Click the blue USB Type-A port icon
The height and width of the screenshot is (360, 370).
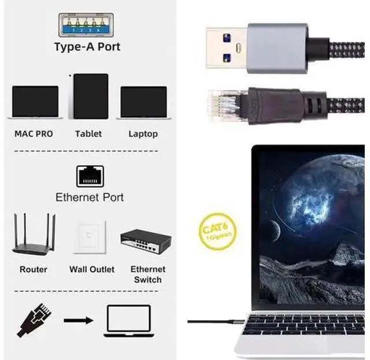coord(86,25)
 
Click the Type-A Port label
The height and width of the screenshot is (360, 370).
coord(87,47)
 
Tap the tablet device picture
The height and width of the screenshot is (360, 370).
coord(91,97)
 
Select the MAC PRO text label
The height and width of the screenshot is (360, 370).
coord(34,133)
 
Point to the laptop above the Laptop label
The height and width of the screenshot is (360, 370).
coord(143,102)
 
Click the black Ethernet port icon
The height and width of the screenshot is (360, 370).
coord(90,176)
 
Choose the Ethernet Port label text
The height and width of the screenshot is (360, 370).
coord(90,197)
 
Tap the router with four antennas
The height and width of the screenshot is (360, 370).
coord(34,234)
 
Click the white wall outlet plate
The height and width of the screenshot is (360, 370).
coord(90,237)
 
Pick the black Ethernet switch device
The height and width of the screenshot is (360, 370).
coord(146,241)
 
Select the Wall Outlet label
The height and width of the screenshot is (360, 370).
coord(92,269)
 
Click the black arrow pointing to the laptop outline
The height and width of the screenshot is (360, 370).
coord(79,320)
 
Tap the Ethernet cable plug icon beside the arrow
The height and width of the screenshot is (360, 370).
coord(34,320)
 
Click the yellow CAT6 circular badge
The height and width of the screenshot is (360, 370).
coord(217,231)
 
